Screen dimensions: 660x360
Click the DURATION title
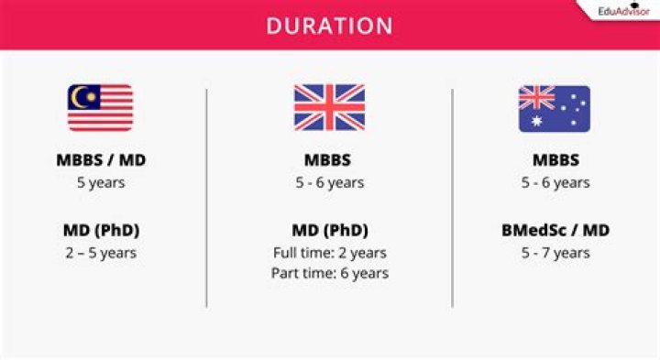330,26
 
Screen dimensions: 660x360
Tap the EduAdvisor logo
624,10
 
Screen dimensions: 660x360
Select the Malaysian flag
100,108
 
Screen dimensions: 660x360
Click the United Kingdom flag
329,108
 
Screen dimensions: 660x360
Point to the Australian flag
555,108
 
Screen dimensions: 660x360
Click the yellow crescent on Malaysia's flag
77,97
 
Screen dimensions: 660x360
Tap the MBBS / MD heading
101,159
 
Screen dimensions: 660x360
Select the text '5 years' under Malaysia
101,182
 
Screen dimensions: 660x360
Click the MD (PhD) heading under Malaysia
101,230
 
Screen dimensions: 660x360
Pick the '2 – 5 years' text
101,253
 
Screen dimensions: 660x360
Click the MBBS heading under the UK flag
327,159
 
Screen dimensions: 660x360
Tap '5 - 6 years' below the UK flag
330,182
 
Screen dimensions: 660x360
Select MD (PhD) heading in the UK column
330,230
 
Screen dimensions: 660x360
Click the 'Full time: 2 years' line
330,253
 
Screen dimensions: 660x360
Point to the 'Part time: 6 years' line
330,273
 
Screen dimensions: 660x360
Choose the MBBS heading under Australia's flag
555,159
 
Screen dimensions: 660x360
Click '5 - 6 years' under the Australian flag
555,182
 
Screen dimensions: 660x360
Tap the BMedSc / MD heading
555,230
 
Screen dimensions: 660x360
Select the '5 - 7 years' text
555,253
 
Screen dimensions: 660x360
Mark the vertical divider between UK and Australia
453,198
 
